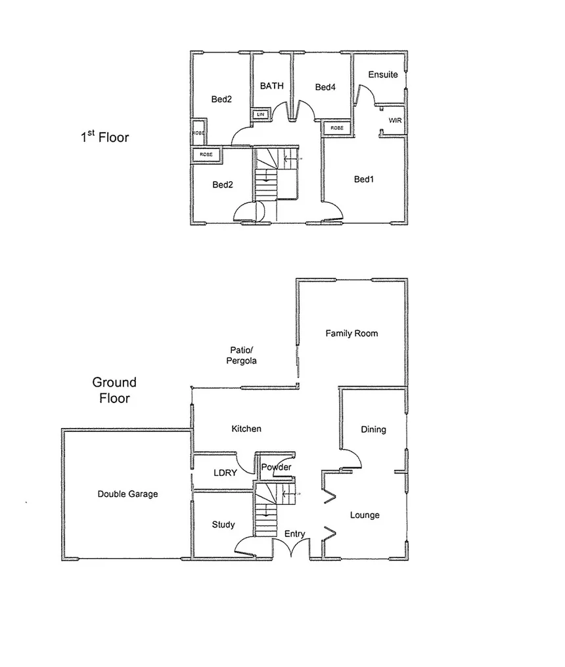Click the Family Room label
coord(351,333)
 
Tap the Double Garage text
coord(127,494)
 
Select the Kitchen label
coord(246,429)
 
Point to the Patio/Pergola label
coord(242,355)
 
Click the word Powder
coord(276,467)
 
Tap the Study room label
coord(223,525)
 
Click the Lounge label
coord(364,515)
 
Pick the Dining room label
coord(373,429)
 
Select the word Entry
coord(295,534)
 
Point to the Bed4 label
coord(325,87)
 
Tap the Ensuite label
coord(382,74)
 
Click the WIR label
coord(395,121)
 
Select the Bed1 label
coord(363,179)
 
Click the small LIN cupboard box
coord(261,114)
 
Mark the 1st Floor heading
coord(104,137)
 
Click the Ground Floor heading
coord(114,390)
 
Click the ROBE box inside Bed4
coord(336,127)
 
